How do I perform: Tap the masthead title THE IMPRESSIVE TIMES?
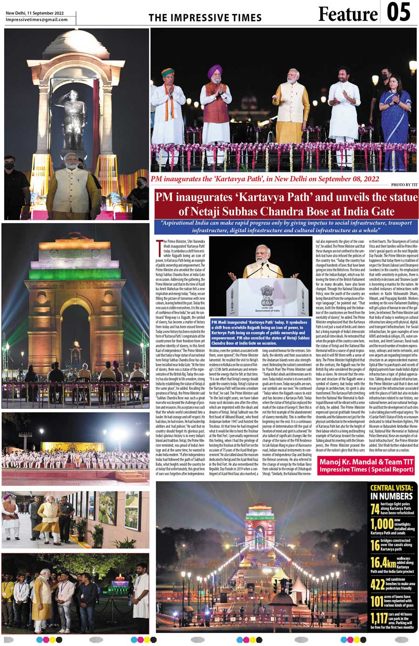[205, 18]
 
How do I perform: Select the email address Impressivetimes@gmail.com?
[37, 20]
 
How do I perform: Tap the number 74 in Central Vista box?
[375, 509]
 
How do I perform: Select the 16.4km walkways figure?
[383, 563]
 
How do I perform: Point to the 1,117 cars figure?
[379, 618]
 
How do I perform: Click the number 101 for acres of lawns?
[377, 601]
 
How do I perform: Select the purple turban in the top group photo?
[215, 71]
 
